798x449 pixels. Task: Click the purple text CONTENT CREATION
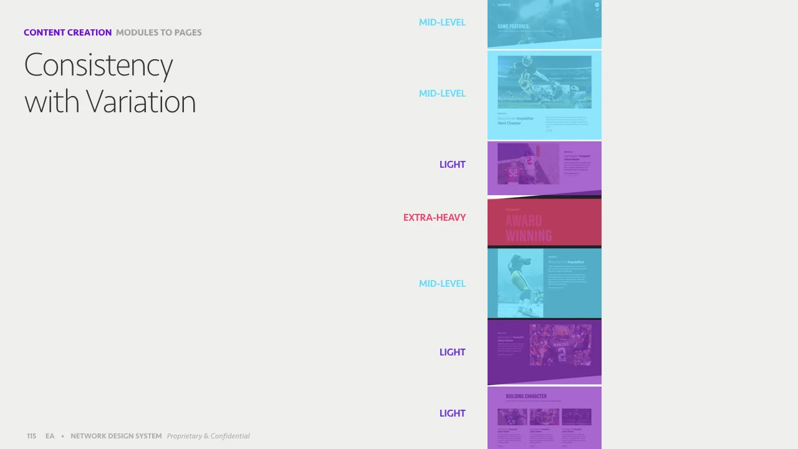67,32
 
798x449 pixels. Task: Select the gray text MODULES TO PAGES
158,32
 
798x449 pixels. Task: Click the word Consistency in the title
99,65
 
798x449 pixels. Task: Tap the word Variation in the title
141,102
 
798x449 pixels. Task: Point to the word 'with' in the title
52,102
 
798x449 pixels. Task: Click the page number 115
31,436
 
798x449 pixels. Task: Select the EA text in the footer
50,436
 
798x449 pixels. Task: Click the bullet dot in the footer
62,436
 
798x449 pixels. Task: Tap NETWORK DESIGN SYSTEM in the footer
116,436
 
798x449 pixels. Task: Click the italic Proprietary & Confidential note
208,436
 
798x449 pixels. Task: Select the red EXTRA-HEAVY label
434,218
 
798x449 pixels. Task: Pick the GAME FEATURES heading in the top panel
513,27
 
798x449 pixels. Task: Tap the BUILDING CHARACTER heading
526,396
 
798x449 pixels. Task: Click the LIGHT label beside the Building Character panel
452,413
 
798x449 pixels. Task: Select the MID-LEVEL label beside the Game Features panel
442,22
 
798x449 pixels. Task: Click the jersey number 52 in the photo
512,173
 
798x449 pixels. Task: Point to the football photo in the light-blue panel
544,82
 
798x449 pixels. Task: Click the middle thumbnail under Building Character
544,416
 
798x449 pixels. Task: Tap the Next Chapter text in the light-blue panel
509,123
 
